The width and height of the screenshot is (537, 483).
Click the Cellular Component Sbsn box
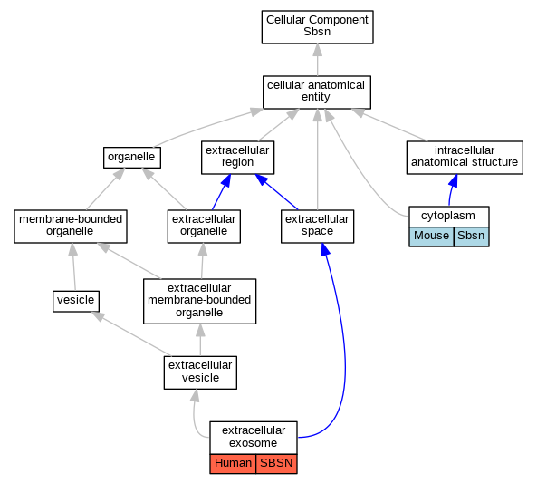click(317, 27)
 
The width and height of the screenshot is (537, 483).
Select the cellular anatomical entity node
click(316, 92)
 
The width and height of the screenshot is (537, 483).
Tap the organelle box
click(132, 158)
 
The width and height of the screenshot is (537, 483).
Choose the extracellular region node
click(237, 158)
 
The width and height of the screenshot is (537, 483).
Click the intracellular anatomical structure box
click(465, 158)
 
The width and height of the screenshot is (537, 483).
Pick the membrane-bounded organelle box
click(71, 227)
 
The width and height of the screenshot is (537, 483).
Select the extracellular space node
click(317, 227)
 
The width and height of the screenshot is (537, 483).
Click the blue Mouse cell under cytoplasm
click(431, 237)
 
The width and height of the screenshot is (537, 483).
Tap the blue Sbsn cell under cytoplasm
click(471, 237)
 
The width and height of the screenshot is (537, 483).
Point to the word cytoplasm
click(448, 216)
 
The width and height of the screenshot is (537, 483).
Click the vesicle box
click(76, 302)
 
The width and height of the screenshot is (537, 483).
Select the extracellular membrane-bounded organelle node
click(199, 301)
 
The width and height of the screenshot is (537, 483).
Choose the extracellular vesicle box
click(200, 372)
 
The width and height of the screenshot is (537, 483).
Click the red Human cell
click(233, 464)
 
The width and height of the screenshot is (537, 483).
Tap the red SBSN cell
click(276, 464)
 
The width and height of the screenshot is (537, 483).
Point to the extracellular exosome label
click(254, 437)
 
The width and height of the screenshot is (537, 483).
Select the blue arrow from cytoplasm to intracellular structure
click(452, 190)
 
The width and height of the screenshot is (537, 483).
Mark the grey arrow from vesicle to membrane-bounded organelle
click(73, 267)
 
